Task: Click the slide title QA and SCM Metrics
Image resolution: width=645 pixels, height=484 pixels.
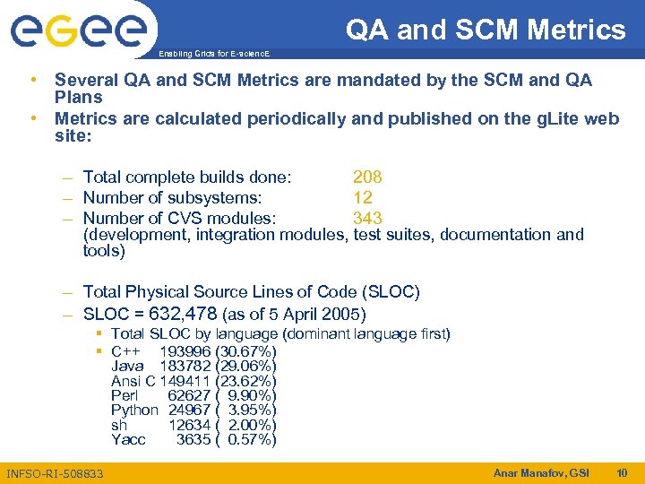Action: click(486, 30)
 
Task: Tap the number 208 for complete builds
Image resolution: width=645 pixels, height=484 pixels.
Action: click(367, 177)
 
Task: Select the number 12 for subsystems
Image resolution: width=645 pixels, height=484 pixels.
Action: click(363, 197)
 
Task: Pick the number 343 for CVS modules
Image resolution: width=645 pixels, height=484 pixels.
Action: click(367, 218)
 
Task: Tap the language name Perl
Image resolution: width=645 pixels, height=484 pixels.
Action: click(125, 395)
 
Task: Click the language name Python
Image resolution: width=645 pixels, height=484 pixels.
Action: click(134, 410)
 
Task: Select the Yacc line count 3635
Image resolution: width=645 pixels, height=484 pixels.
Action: click(193, 439)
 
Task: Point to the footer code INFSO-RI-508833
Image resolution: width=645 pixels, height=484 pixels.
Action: click(55, 473)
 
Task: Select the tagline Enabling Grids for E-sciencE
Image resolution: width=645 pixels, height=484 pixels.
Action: click(212, 54)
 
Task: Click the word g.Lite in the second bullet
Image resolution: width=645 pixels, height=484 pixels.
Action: click(557, 118)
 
